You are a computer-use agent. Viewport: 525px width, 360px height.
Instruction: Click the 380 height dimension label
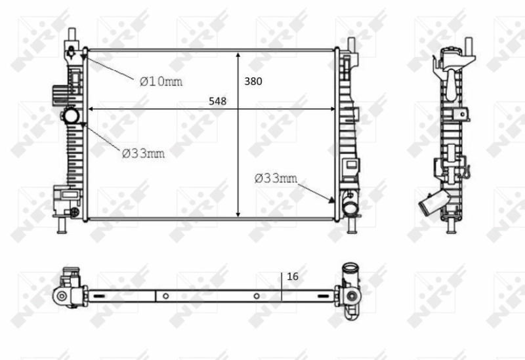pyautogui.click(x=253, y=82)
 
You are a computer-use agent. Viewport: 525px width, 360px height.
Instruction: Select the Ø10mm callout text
pyautogui.click(x=160, y=81)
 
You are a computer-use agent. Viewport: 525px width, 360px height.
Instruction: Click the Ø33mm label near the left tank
pyautogui.click(x=143, y=153)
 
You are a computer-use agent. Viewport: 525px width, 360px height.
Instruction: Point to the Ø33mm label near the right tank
pyautogui.click(x=276, y=178)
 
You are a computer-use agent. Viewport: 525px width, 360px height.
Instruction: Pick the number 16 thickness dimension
pyautogui.click(x=293, y=277)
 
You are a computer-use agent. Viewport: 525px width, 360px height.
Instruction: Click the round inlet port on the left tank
pyautogui.click(x=70, y=117)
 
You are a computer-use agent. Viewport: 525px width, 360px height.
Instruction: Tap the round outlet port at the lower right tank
pyautogui.click(x=349, y=209)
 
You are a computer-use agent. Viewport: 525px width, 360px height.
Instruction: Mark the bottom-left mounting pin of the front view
pyautogui.click(x=61, y=225)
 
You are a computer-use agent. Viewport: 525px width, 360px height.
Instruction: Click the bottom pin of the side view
pyautogui.click(x=451, y=226)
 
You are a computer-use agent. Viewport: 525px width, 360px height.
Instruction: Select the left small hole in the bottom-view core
pyautogui.click(x=166, y=295)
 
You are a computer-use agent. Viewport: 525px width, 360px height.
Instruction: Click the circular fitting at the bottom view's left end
pyautogui.click(x=62, y=296)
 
